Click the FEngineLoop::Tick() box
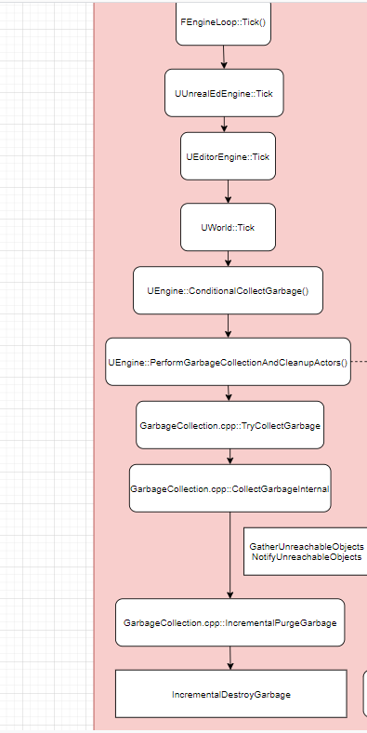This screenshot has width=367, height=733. point(224,20)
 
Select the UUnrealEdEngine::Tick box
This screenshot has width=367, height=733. point(223,93)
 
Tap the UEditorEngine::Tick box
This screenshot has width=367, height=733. point(228,157)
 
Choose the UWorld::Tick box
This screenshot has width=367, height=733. point(228,227)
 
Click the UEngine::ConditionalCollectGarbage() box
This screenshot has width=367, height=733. point(228,291)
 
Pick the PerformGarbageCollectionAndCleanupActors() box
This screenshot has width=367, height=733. point(228,362)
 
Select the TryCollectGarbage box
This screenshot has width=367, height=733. point(229,425)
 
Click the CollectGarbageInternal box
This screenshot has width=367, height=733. point(229,488)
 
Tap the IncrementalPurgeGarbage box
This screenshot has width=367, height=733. point(229,622)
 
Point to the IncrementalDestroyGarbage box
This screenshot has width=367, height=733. point(230,694)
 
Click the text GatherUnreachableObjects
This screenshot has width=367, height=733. point(307,546)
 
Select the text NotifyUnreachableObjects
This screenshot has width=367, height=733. point(307,557)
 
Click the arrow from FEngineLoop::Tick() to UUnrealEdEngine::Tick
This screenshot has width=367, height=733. point(224,58)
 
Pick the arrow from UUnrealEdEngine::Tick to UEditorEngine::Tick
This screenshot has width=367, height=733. point(224,124)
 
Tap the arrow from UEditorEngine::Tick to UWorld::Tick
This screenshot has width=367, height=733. point(228,193)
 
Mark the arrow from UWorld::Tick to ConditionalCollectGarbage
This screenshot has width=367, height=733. point(228,259)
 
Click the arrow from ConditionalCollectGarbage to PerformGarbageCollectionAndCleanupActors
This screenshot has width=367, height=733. point(228,326)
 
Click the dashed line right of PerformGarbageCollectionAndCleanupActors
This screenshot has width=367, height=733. point(360,361)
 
